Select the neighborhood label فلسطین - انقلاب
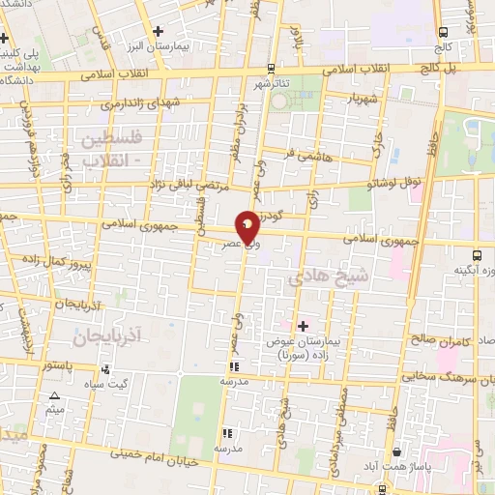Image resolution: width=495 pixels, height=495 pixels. (x=112, y=150)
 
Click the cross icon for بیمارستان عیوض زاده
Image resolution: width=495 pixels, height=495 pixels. (x=303, y=326)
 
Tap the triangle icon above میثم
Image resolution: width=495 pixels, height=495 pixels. (x=54, y=395)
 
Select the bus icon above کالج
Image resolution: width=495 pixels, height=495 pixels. (x=443, y=32)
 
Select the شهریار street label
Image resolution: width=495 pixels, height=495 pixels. (x=350, y=99)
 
